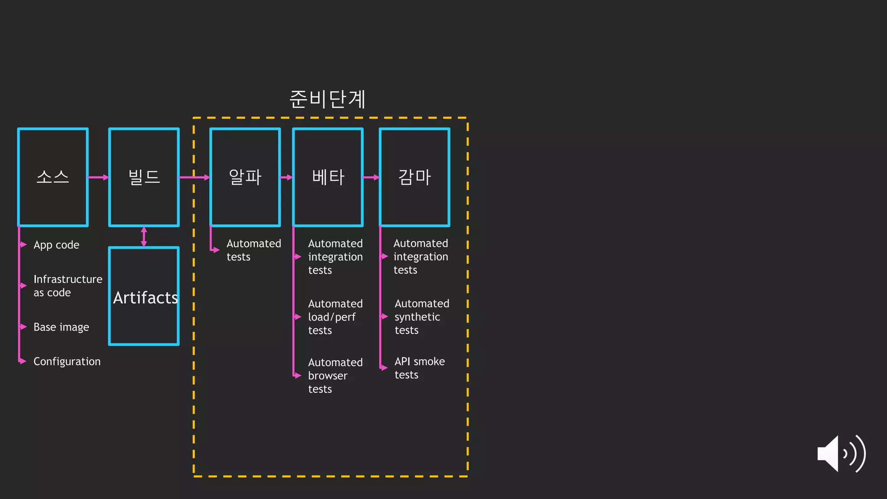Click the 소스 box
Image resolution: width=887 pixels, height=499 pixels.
point(53,177)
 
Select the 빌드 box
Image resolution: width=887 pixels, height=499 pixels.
point(144,177)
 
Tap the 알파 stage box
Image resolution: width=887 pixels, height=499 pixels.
point(245,177)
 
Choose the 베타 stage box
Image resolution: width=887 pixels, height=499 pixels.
point(328,177)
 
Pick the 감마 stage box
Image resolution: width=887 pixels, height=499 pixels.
point(414,177)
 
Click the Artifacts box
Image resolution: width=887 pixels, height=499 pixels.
point(144,297)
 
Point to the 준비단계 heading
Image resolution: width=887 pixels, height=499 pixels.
point(327,99)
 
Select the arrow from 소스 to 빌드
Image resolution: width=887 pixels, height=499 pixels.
point(98,177)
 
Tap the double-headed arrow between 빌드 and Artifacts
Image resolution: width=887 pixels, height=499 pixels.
point(144,237)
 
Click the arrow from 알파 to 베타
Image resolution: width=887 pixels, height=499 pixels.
point(287,177)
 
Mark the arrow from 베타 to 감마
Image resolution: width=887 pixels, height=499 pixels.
point(371,177)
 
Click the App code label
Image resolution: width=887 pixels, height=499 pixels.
point(56,245)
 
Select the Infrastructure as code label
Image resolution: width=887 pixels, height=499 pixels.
point(68,286)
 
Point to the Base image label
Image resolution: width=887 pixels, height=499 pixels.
point(61,327)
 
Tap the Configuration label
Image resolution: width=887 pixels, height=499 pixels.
point(67,361)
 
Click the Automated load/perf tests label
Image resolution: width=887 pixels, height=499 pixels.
point(335,317)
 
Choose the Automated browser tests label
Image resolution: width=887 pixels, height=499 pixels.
point(335,376)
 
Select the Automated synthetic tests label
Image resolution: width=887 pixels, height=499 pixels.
point(421,317)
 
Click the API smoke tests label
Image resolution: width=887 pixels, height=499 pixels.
point(419,368)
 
